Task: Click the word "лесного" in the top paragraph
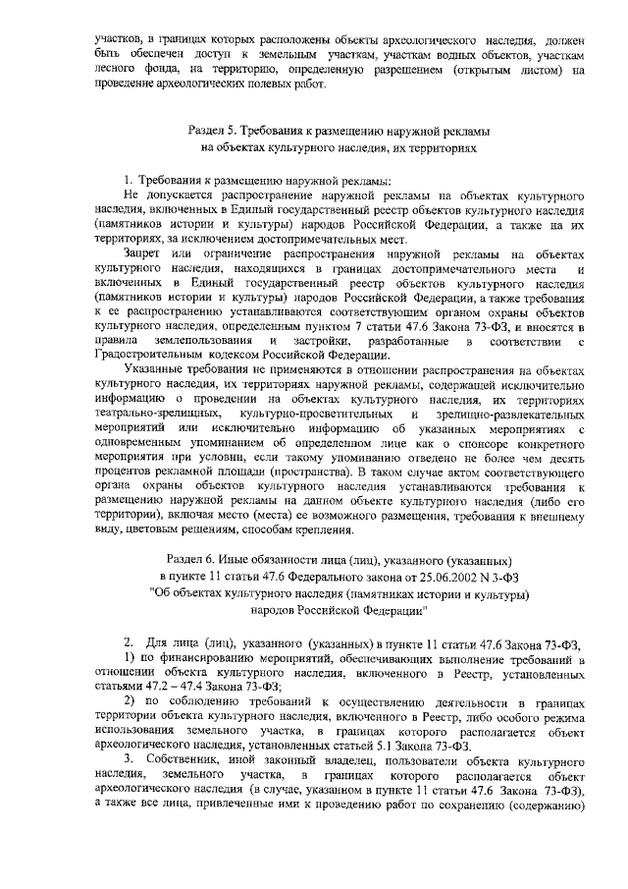tap(105, 71)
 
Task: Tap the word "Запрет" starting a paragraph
tap(144, 255)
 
